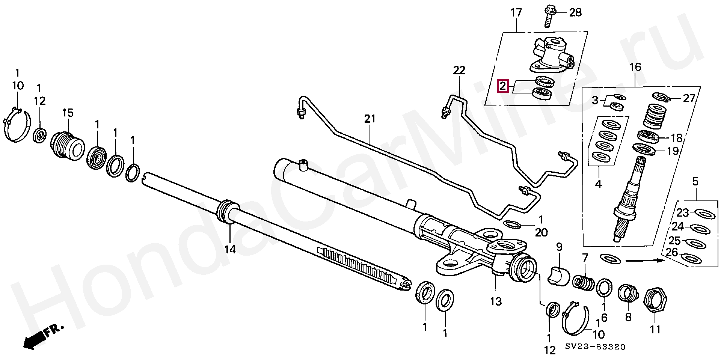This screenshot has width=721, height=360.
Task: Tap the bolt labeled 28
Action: coord(548,16)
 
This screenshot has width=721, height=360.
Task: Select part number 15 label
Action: coord(68,113)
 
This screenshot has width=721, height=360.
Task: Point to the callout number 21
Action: coord(370,119)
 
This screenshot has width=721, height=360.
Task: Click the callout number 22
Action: coord(459,70)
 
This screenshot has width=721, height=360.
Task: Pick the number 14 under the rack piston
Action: coord(230,249)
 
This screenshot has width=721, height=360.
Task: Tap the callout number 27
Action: coord(689,98)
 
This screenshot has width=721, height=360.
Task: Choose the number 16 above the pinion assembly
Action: coord(635,67)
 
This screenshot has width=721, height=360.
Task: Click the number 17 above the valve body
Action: coord(516,13)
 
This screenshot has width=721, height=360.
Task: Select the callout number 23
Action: coord(682,213)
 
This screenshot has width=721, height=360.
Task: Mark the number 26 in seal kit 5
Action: coord(672,253)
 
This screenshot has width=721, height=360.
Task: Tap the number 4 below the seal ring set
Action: coord(599,184)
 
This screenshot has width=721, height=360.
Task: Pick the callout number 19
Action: coord(673,151)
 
